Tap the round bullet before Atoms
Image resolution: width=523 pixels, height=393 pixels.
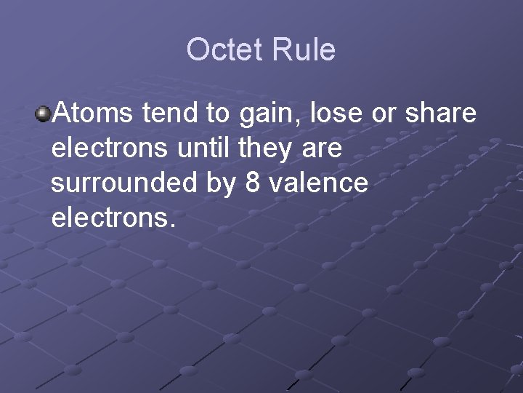tap(43, 114)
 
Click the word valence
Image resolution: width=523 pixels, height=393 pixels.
tap(319, 183)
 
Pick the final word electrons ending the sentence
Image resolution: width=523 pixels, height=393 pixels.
tap(113, 218)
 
